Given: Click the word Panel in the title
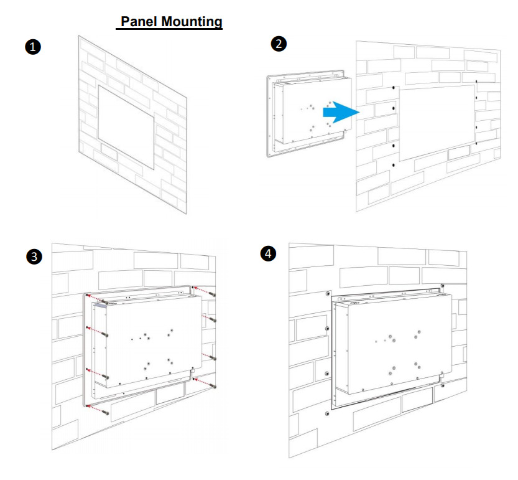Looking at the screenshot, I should [x=139, y=22].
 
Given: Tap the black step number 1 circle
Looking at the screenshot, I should [x=33, y=47].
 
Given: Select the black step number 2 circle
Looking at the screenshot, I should [x=279, y=44].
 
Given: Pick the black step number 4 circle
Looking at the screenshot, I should [x=268, y=254].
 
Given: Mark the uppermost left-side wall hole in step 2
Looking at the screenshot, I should [x=394, y=88].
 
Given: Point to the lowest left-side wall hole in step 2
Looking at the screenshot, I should [x=394, y=165].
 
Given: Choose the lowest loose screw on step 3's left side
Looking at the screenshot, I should [x=106, y=412].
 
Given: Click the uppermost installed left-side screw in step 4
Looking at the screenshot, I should [x=328, y=293].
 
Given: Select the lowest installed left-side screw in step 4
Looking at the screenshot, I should [x=328, y=413].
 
